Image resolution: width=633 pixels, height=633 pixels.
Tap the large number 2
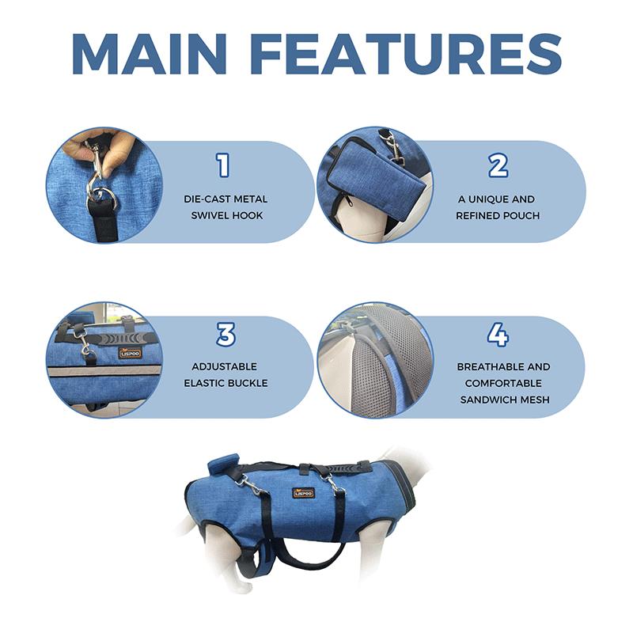coord(497,165)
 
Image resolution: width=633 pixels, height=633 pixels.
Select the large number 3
coord(226,335)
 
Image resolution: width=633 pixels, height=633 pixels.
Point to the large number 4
coord(497,335)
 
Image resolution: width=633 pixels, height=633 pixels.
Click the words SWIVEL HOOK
coord(226,215)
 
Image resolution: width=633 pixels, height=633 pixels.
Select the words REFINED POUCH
coord(496,215)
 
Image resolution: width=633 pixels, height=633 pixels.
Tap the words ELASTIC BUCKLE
coord(226,383)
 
